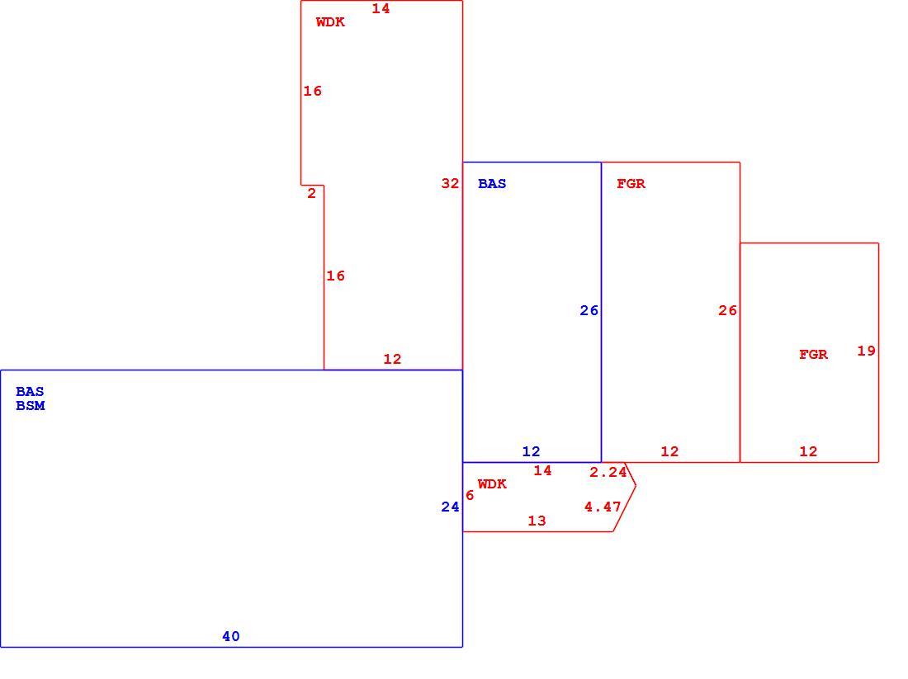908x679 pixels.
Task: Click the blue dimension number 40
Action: tap(230, 636)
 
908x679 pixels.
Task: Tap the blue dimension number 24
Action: tap(450, 507)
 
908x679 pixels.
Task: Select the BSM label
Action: tap(30, 405)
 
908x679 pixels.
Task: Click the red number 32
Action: tap(450, 183)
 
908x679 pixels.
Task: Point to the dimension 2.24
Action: tap(608, 473)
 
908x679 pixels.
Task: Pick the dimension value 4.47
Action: tap(603, 507)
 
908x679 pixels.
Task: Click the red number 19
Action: tap(866, 351)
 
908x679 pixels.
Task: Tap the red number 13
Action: tap(537, 521)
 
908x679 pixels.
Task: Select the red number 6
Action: tap(470, 496)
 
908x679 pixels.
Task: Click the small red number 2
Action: tap(311, 193)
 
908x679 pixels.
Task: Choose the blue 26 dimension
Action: tap(589, 311)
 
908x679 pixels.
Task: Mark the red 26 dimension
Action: tap(727, 311)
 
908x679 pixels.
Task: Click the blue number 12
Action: tap(531, 451)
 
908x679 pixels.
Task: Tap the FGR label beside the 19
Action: tap(814, 354)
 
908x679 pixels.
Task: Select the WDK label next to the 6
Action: tap(492, 484)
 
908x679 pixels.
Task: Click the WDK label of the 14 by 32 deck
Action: tap(331, 22)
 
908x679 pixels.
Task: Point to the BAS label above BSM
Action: tap(30, 391)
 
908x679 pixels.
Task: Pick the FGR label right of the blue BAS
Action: tap(631, 183)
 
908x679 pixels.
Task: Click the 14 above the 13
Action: tap(542, 470)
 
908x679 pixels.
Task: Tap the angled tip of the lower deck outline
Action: tap(636, 486)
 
